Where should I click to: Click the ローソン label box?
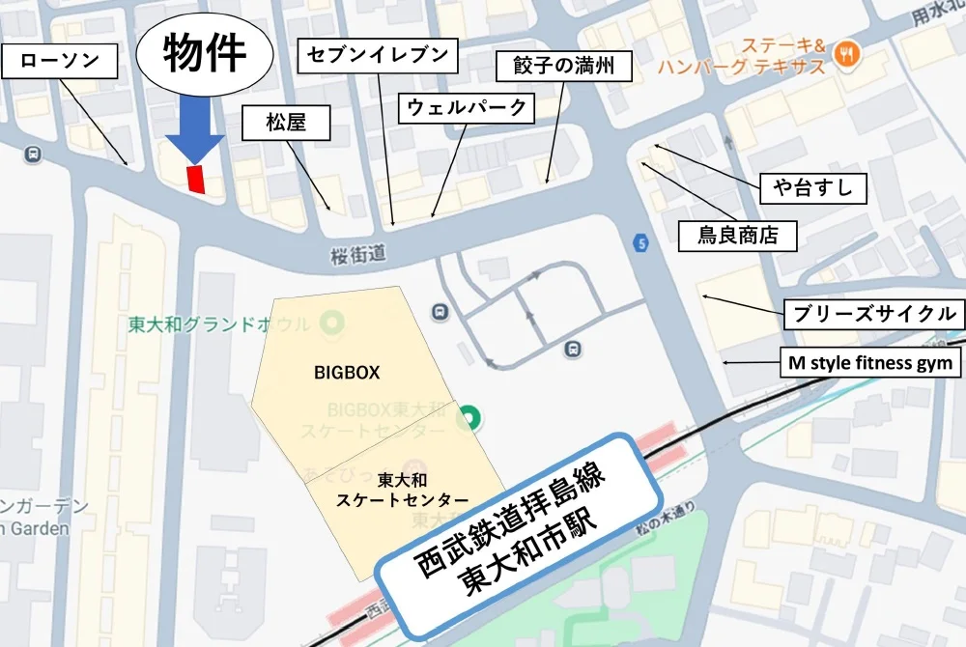(60, 62)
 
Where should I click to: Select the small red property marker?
(197, 180)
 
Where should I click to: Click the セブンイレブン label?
(378, 55)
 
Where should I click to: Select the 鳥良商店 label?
(739, 235)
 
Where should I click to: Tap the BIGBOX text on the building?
(347, 371)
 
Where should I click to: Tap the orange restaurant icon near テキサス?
(847, 54)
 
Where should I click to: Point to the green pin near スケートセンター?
(470, 418)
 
